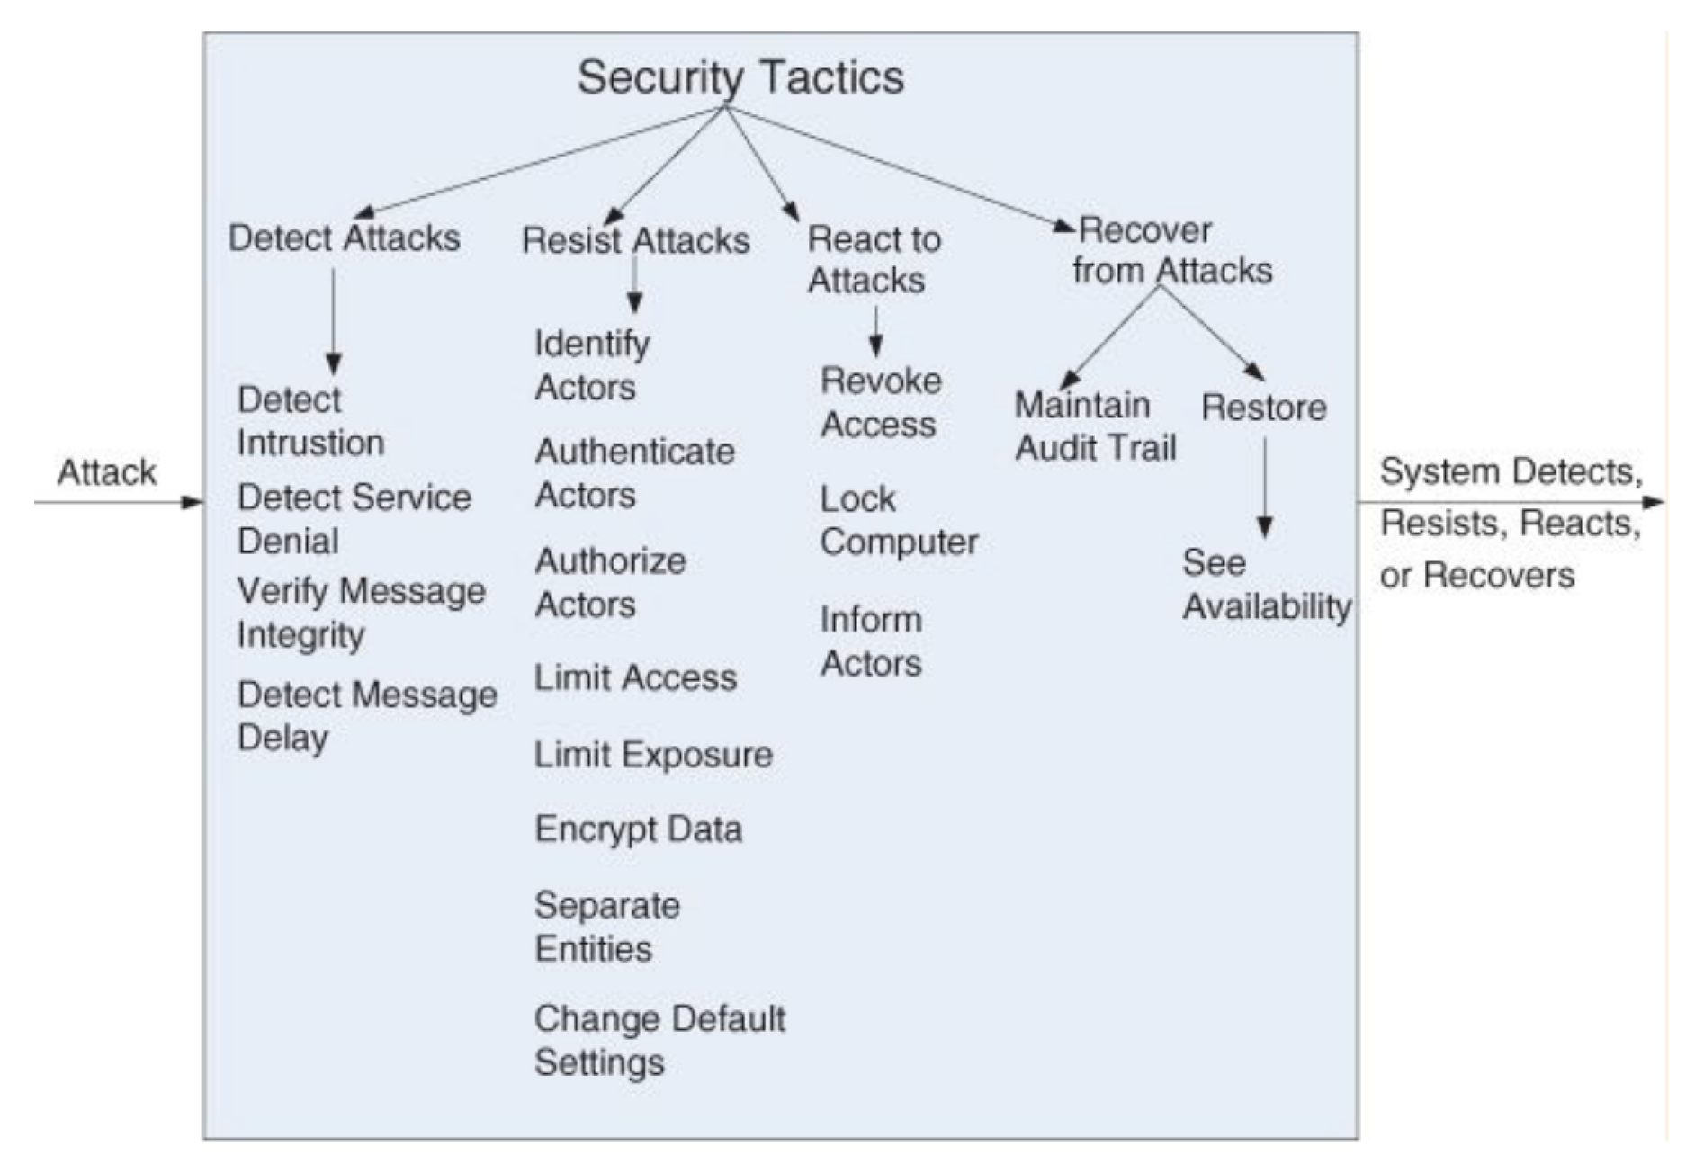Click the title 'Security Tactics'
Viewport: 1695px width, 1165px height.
pos(740,77)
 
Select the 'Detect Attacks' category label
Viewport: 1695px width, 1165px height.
pos(344,238)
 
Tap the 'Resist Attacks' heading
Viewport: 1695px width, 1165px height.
pos(635,240)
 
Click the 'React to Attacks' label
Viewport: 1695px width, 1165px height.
pos(873,259)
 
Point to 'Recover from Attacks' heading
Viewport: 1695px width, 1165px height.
pos(1170,250)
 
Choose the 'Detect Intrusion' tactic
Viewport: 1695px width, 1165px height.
pos(309,421)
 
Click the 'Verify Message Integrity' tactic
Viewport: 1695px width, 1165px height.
pos(360,613)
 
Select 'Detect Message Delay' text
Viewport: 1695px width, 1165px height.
pos(366,716)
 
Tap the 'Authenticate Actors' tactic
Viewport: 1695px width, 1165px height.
pos(633,473)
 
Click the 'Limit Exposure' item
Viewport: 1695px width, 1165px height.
pos(652,754)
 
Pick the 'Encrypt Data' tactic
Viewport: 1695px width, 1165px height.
pos(638,829)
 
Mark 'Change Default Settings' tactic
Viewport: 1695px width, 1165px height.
pos(659,1040)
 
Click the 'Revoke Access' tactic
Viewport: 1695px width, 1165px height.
pos(880,402)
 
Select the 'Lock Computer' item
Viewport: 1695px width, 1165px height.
pos(898,520)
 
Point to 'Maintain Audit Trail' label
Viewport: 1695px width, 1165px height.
pos(1094,426)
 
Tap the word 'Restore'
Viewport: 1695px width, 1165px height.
pos(1263,408)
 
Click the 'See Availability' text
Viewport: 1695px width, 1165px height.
pos(1265,585)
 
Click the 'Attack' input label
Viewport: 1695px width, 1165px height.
pos(106,472)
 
